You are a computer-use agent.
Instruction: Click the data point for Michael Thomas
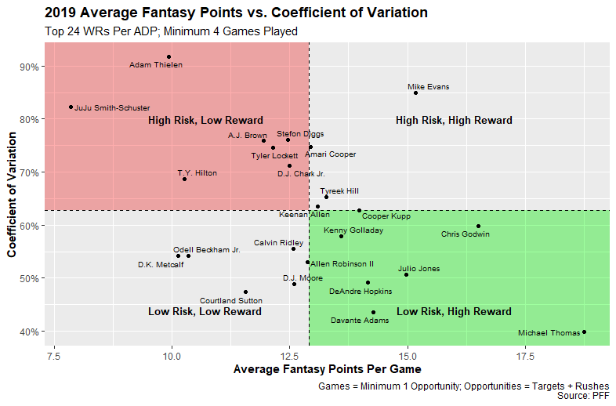coord(584,332)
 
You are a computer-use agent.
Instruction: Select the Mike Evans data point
coord(415,92)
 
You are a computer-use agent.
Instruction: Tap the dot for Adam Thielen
coord(168,56)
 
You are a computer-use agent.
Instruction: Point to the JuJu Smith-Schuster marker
coord(71,107)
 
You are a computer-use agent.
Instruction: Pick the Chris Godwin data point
coord(478,227)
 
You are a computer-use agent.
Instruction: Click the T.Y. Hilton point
coord(185,179)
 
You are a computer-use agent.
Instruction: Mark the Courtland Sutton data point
coord(245,292)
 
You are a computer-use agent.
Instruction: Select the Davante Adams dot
coord(373,312)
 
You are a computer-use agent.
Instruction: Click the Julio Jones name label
coord(419,269)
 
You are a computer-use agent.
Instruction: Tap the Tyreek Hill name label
coord(339,190)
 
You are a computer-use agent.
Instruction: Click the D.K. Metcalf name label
coord(161,264)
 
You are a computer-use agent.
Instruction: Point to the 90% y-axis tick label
coord(30,67)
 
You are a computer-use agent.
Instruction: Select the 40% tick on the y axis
coord(30,332)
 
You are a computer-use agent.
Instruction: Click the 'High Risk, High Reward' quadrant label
coord(454,121)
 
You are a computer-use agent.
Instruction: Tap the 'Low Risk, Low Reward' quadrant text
coord(205,312)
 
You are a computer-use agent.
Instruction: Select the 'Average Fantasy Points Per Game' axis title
coord(328,369)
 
